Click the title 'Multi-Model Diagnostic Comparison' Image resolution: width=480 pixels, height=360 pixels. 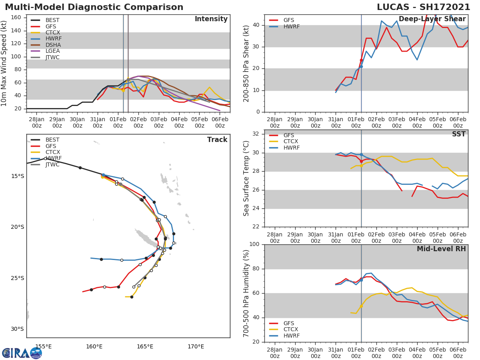pyautogui.click(x=94, y=7)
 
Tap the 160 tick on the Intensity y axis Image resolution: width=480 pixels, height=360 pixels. pyautogui.click(x=18, y=17)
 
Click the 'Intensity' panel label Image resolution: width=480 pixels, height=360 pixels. pyautogui.click(x=211, y=19)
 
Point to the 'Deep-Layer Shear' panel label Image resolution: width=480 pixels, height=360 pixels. pyautogui.click(x=432, y=19)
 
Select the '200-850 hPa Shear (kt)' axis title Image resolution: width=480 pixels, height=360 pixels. pyautogui.click(x=246, y=63)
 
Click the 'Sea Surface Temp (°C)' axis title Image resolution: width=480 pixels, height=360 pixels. pyautogui.click(x=246, y=178)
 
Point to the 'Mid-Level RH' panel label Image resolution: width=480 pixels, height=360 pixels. pyautogui.click(x=441, y=249)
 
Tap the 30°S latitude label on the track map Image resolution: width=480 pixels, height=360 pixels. pyautogui.click(x=17, y=329)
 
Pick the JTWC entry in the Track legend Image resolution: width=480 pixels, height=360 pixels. pyautogui.click(x=52, y=164)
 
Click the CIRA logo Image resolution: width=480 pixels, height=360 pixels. pyautogui.click(x=22, y=353)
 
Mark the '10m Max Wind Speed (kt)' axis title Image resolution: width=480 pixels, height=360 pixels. pyautogui.click(x=4, y=63)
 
